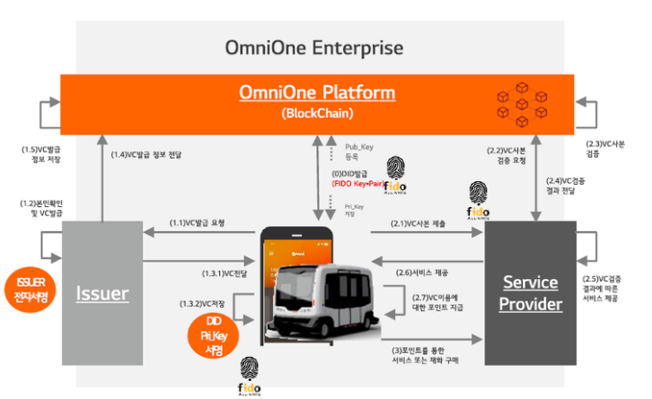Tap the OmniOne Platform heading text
click(x=317, y=93)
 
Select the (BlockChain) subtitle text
click(x=317, y=113)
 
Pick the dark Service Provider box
click(x=530, y=292)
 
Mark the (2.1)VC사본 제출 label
click(x=419, y=224)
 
